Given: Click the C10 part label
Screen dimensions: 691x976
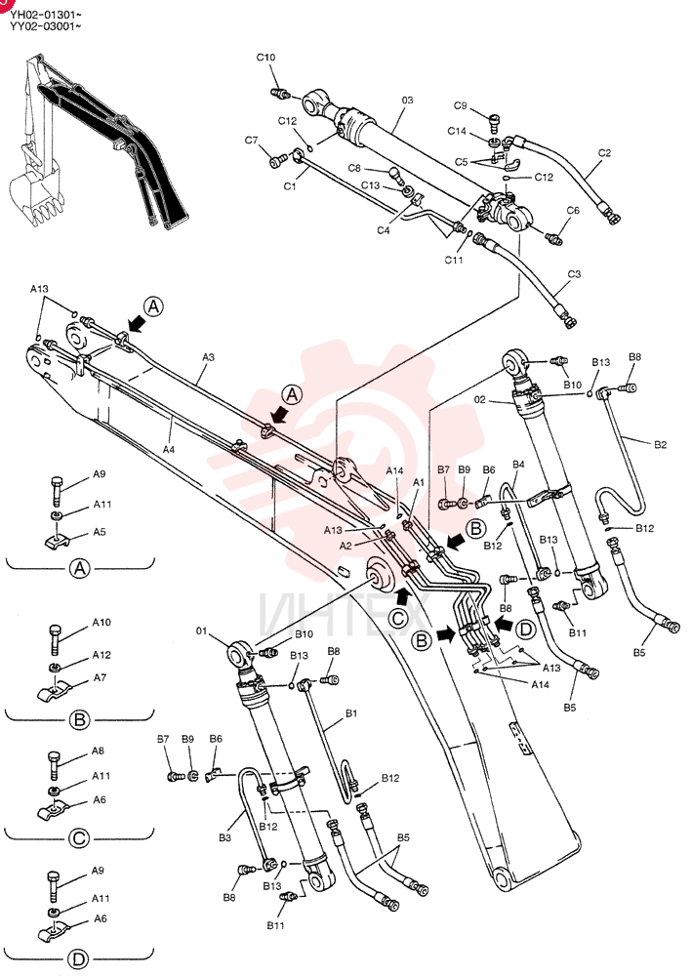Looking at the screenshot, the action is point(265,58).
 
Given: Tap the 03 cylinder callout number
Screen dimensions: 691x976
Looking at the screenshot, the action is point(407,100).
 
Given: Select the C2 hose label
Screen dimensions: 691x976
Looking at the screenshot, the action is point(604,152).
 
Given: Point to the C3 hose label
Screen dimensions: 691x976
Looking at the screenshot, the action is point(574,274).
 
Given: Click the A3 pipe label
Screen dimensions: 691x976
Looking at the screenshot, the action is point(208,357).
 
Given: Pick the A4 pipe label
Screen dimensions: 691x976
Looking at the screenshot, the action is point(169,449).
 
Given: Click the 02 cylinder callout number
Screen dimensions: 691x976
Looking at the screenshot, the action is point(479,399).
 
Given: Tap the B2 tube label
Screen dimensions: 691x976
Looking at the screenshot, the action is point(660,444).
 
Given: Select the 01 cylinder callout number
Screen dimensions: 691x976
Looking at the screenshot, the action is point(201,631).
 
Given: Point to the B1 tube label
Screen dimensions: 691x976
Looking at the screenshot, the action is point(351,713).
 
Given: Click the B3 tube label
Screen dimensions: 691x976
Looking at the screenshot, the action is point(224,837).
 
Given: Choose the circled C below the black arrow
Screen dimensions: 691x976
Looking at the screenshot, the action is point(397,618).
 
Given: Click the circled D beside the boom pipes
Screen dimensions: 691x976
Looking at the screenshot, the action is point(526,630).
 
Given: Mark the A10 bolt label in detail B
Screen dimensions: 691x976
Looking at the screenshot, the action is point(102,623).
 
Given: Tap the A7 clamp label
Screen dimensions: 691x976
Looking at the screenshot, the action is point(100,678).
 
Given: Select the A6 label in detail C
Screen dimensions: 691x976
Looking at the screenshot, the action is point(100,800).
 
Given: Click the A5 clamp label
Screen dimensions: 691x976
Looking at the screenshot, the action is point(100,532).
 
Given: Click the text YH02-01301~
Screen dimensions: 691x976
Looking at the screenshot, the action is point(45,14).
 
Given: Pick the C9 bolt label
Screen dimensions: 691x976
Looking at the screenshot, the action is point(460,105).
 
